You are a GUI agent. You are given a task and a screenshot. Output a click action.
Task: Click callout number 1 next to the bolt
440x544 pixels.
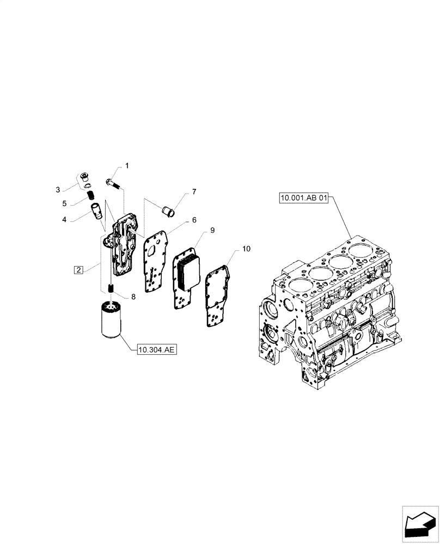tap(127, 165)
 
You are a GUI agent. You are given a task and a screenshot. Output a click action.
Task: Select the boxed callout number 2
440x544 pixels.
tap(78, 270)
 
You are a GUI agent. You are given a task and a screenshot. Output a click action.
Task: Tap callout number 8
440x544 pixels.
tap(132, 296)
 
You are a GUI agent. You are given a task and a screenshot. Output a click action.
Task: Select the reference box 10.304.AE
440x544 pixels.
tap(156, 351)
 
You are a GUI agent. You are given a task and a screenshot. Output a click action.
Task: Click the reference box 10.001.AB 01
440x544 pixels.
tap(304, 199)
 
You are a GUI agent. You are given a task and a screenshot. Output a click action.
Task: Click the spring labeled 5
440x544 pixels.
tap(91, 194)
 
